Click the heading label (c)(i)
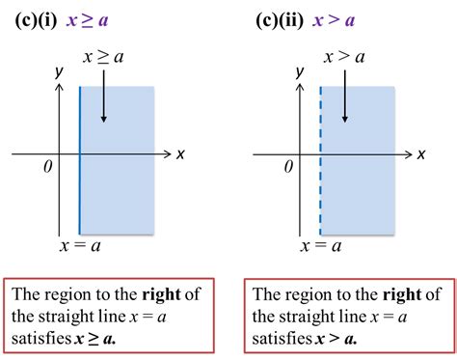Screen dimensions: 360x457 pyautogui.click(x=38, y=18)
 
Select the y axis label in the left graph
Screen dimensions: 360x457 pyautogui.click(x=59, y=72)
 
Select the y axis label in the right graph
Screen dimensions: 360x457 pyautogui.click(x=300, y=72)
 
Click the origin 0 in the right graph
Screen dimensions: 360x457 pyautogui.click(x=287, y=167)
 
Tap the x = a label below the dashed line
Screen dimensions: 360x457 pyautogui.click(x=321, y=246)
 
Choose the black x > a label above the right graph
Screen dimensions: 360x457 pyautogui.click(x=343, y=58)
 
